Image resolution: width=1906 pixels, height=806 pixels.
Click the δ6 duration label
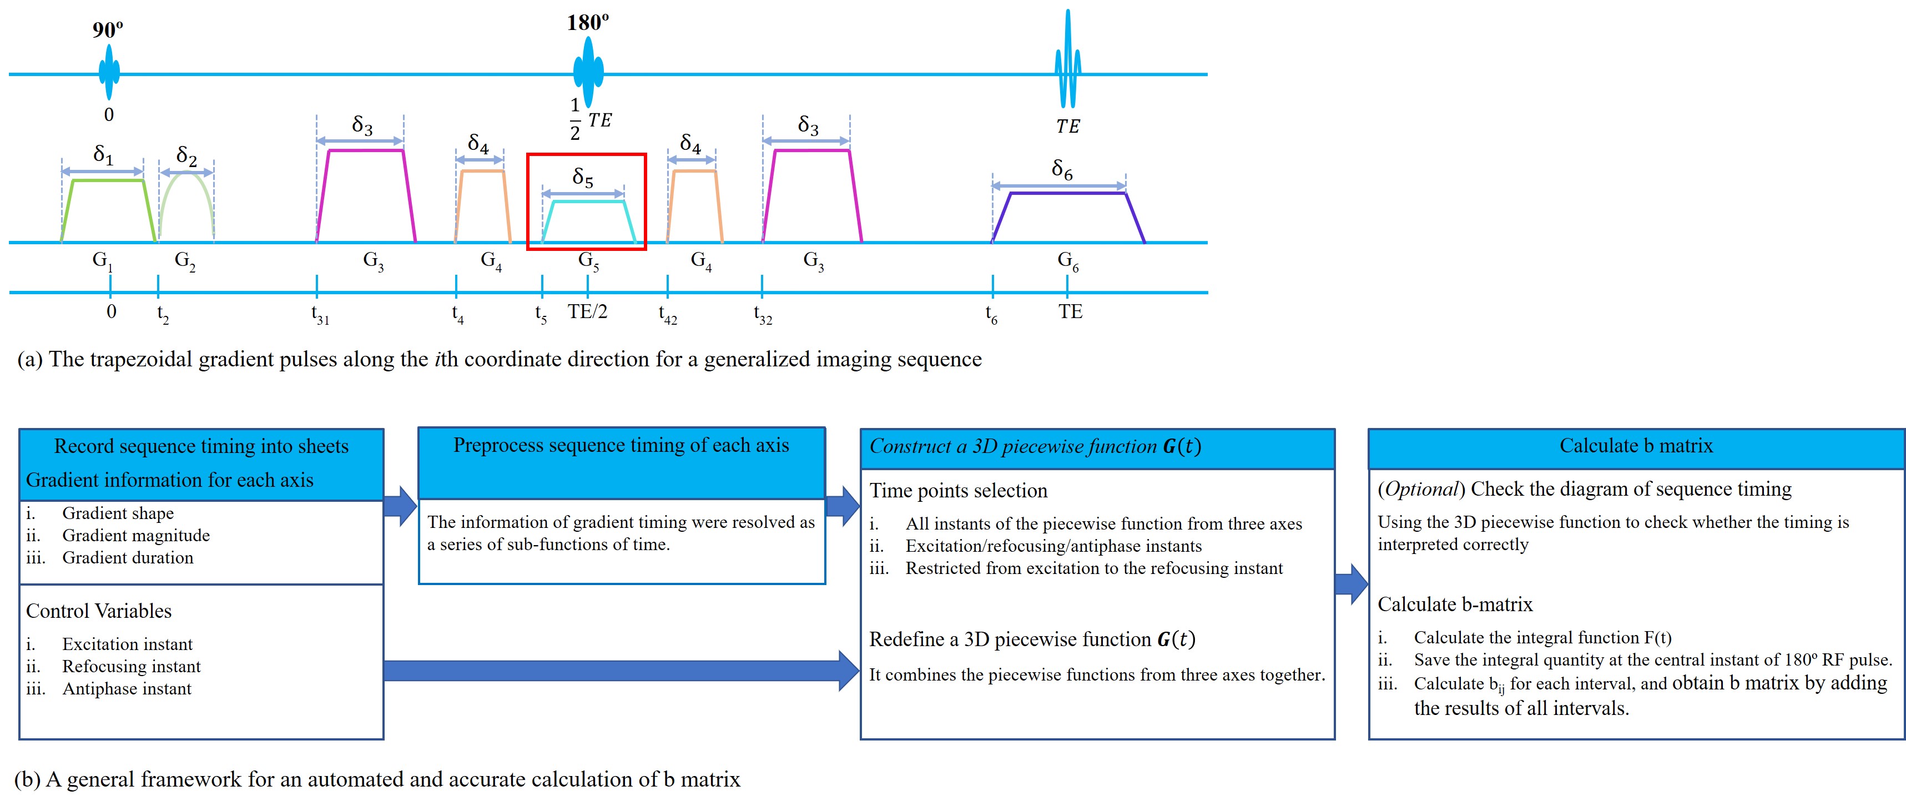point(1062,169)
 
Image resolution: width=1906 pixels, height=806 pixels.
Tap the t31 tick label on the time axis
point(320,315)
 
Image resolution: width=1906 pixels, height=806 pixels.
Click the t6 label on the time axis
point(991,315)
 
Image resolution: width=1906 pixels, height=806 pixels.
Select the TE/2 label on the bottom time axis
point(587,311)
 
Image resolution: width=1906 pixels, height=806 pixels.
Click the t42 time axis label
point(667,315)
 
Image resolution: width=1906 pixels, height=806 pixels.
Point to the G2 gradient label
point(185,260)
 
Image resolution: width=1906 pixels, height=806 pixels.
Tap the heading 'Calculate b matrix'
point(1636,446)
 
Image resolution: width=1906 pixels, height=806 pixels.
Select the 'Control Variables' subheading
point(98,611)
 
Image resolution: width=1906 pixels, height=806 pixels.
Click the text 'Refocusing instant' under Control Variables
point(131,666)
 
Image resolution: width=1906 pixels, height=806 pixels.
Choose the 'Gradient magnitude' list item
point(135,535)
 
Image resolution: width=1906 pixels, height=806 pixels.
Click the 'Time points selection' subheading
point(958,491)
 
